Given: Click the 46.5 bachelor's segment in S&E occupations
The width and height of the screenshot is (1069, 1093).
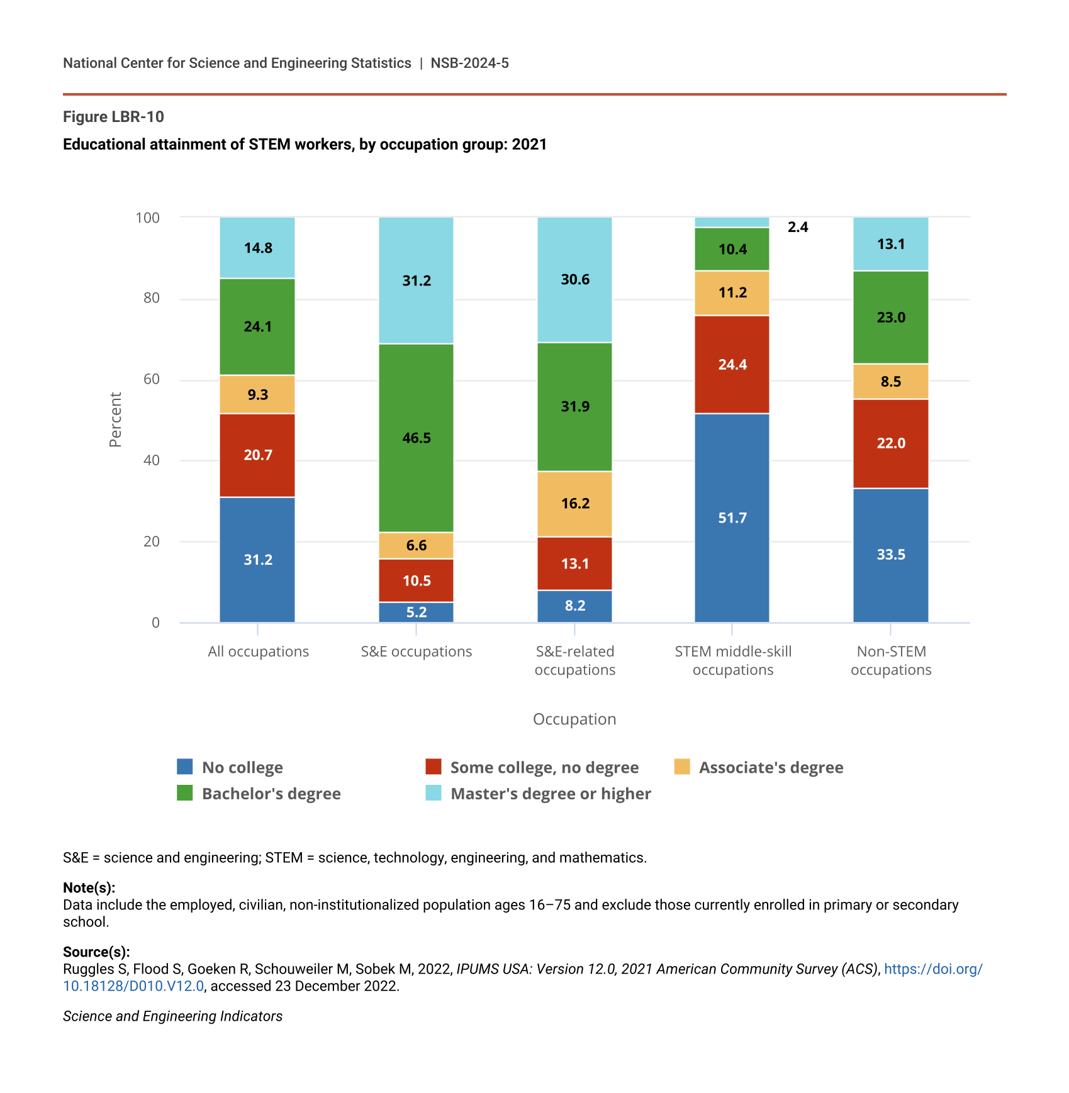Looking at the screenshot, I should tap(416, 438).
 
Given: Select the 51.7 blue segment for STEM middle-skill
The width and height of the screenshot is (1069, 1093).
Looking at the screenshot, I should tap(732, 518).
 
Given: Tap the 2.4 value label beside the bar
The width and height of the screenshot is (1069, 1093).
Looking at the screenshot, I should tap(798, 227).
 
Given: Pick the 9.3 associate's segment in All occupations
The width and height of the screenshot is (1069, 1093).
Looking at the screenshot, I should tap(257, 394).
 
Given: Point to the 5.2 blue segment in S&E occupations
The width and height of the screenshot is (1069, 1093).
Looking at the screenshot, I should tap(416, 612).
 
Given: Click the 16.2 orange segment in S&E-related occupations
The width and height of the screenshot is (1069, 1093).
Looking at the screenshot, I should tap(574, 503).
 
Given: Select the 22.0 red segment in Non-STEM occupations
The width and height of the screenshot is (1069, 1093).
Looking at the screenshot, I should tap(890, 443).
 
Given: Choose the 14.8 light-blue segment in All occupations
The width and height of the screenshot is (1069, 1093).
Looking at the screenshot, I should tap(257, 248).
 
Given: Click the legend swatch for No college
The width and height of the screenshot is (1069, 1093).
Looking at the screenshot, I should tap(185, 767).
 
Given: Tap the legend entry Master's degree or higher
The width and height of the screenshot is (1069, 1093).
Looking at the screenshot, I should tap(551, 794).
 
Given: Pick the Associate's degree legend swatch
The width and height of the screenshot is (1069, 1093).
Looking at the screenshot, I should tap(682, 767).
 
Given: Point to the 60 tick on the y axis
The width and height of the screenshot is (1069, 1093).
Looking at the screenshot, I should tap(152, 379).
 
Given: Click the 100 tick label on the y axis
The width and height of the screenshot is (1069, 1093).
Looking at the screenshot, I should tap(148, 218).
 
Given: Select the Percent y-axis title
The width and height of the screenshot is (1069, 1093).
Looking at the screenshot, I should tap(115, 419).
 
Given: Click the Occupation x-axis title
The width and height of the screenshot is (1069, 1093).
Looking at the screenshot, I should tap(574, 719).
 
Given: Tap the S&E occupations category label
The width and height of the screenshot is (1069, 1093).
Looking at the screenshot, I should tap(416, 652).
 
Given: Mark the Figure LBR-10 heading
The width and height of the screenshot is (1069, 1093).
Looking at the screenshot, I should tap(113, 117).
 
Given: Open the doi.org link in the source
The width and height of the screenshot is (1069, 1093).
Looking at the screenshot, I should tap(933, 969).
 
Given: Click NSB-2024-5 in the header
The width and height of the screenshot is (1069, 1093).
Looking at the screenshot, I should tap(469, 63).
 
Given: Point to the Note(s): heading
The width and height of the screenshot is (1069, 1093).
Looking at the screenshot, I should tap(89, 887).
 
